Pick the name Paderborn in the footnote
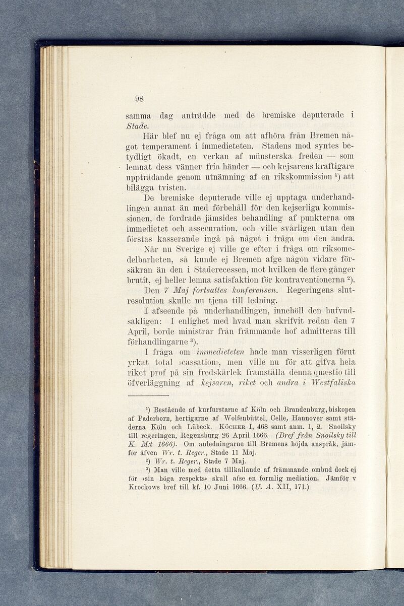click(x=150, y=417)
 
